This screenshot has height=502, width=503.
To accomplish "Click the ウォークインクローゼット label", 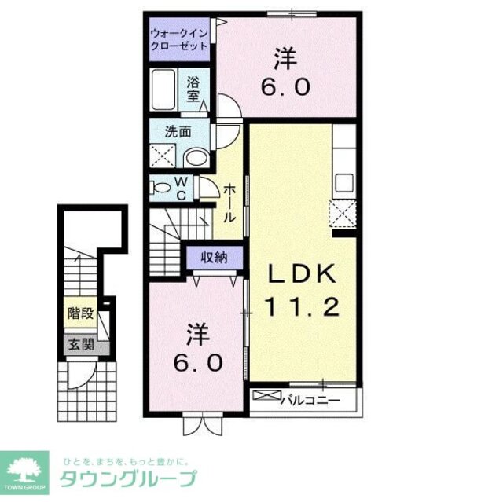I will [x=180, y=39].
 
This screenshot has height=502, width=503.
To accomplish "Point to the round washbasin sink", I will [x=196, y=157].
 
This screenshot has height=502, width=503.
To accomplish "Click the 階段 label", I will [x=82, y=313].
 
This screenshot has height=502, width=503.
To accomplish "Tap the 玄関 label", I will [x=80, y=343].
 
